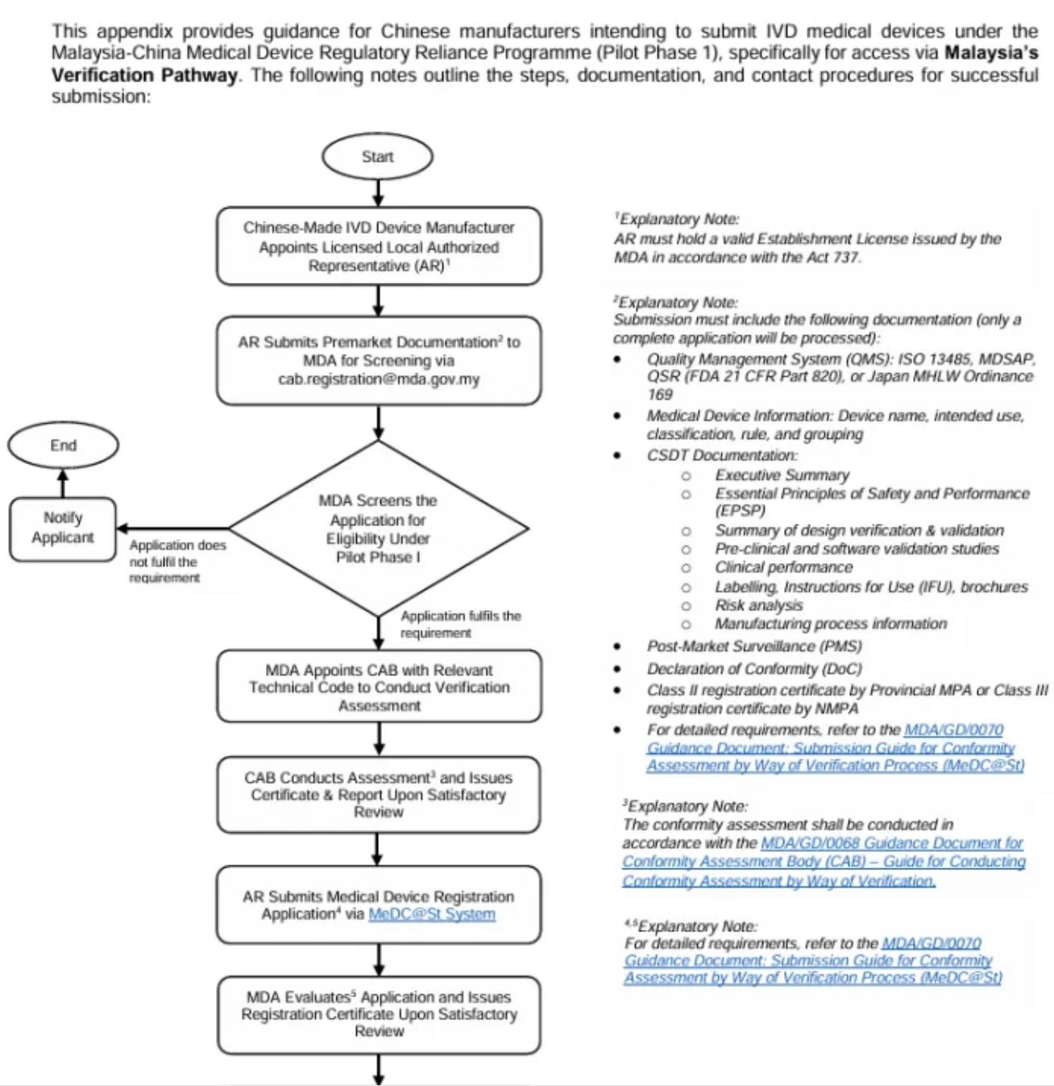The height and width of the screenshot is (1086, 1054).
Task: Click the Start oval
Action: pos(377,156)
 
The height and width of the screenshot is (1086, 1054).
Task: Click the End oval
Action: pos(63,445)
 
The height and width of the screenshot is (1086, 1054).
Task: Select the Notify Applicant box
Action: pos(63,528)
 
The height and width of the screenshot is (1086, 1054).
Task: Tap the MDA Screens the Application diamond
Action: pos(378,528)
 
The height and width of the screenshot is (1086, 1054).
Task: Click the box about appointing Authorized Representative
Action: pos(379,247)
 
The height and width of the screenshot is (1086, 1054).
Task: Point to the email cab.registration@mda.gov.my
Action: pos(379,379)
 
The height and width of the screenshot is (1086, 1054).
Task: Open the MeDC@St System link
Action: pos(432,914)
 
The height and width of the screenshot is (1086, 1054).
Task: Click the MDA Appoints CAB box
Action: pos(379,687)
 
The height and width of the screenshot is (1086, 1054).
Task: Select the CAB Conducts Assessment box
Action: pos(378,794)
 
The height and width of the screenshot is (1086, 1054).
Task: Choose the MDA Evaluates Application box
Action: pos(379,1013)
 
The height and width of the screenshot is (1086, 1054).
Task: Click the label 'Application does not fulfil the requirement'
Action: pos(177,561)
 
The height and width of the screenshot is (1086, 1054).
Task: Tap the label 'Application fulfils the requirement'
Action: pos(460,624)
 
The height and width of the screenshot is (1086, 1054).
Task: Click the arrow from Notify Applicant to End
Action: pos(63,483)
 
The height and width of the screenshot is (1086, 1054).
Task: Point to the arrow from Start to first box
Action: pos(378,193)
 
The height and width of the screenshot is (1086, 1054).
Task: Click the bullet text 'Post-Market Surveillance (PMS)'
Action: pos(753,646)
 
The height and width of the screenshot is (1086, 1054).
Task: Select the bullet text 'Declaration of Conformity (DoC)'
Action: pos(753,669)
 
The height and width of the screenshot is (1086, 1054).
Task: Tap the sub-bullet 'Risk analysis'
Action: pos(758,605)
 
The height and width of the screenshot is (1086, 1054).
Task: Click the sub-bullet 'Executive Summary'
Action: pos(782,475)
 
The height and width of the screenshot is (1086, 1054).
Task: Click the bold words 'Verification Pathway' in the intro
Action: pos(145,75)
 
